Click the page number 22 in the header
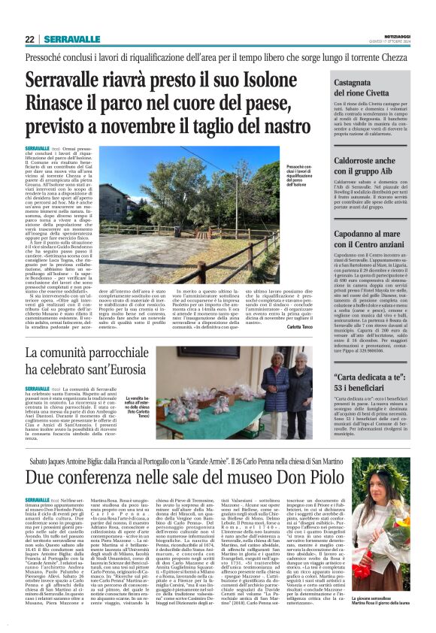tap(29, 39)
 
